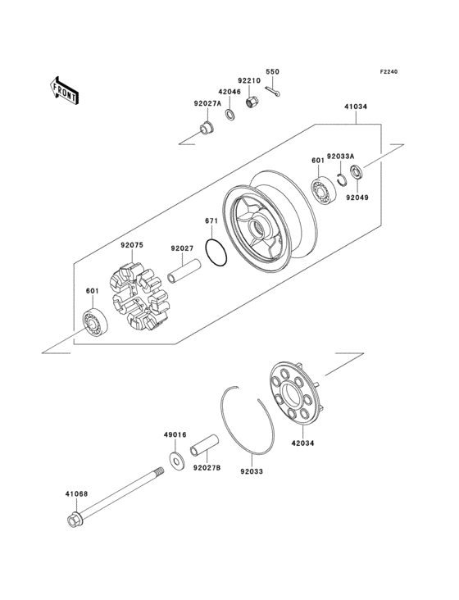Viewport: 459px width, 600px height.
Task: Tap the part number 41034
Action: pyautogui.click(x=356, y=107)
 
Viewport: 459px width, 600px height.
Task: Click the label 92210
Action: pyautogui.click(x=249, y=80)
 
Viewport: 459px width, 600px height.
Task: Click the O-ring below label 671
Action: pyautogui.click(x=216, y=255)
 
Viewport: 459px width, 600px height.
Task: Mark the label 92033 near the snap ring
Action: pyautogui.click(x=252, y=471)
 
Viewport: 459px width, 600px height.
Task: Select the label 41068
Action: pyautogui.click(x=77, y=494)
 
